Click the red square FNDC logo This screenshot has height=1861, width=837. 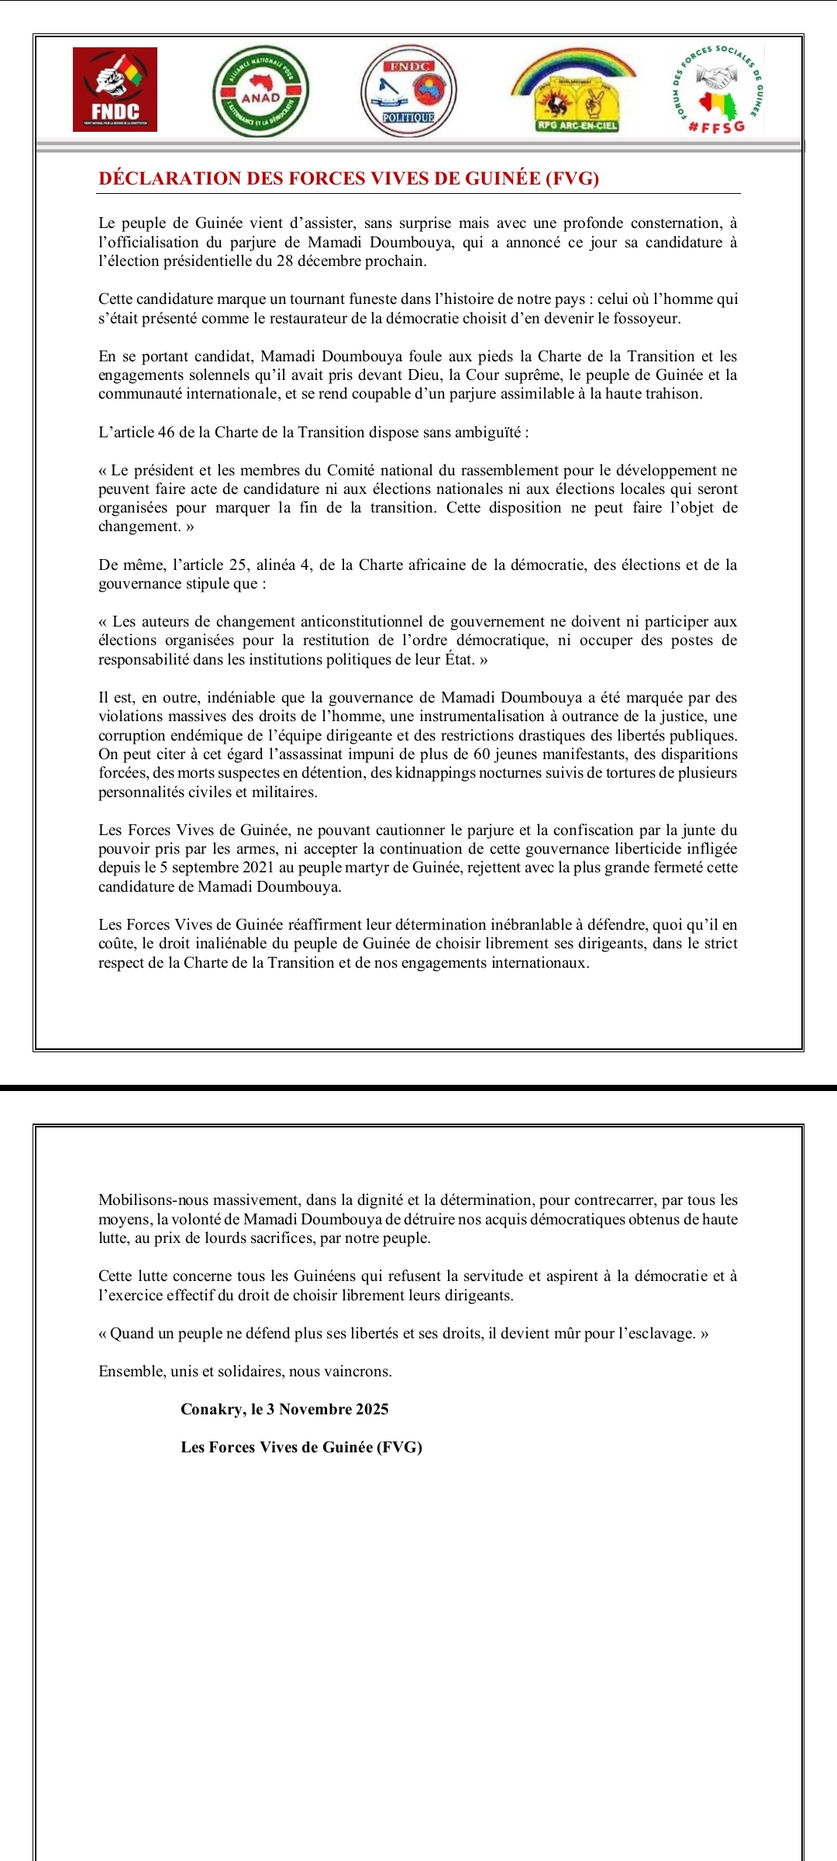[x=115, y=89]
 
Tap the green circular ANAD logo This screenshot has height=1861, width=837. [x=261, y=91]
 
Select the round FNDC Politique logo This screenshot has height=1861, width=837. [x=408, y=91]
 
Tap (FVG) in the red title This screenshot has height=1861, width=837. [x=572, y=178]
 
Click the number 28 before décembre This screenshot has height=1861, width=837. [x=284, y=261]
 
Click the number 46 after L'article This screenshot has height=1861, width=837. [x=166, y=432]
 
